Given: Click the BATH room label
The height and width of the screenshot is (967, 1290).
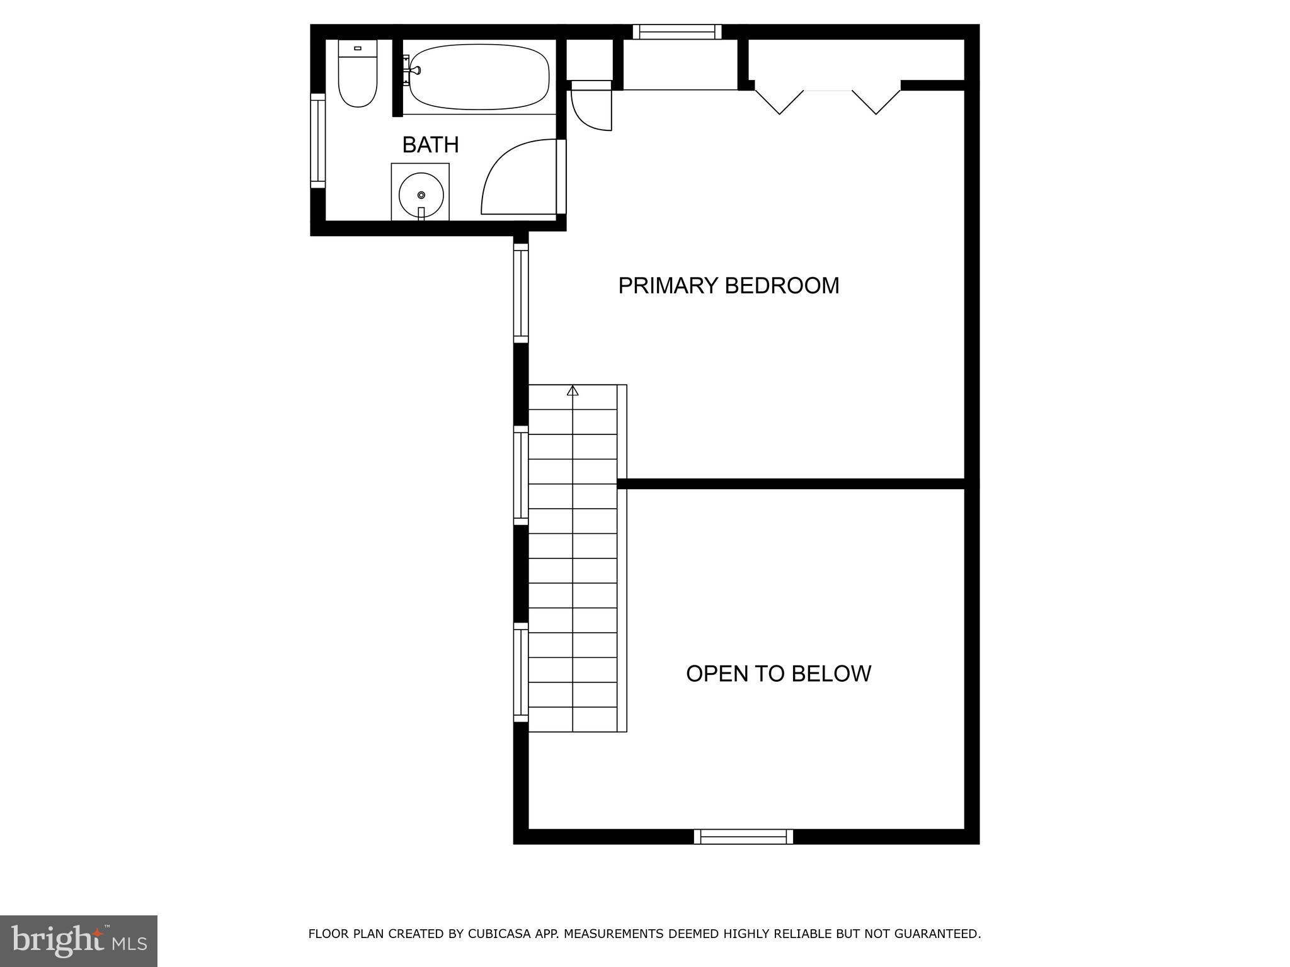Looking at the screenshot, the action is click(430, 145).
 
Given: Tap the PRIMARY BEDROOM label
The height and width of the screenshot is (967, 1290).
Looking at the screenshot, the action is click(729, 286).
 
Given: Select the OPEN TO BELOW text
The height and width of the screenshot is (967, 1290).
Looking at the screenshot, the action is click(779, 674).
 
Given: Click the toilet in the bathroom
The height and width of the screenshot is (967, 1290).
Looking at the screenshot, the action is click(358, 73).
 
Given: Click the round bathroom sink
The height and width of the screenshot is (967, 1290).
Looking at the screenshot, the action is click(421, 195).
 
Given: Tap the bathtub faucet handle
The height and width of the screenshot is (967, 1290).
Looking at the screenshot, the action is click(408, 69).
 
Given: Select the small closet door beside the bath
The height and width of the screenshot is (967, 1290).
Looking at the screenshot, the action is click(592, 107).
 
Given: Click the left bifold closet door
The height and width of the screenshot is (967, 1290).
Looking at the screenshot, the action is click(780, 102).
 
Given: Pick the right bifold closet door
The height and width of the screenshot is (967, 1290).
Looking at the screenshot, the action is click(876, 102).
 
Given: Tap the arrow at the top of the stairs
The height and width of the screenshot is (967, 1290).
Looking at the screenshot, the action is click(573, 391).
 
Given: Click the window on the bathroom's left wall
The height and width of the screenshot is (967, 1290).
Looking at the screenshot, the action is click(318, 140).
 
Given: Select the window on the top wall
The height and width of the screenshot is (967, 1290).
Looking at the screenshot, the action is click(677, 32).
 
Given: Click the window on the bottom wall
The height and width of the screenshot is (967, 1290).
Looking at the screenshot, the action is click(743, 837).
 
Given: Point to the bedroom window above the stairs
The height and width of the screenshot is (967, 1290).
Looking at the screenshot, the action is click(521, 293).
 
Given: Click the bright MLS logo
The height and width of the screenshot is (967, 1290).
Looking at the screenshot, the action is click(79, 941).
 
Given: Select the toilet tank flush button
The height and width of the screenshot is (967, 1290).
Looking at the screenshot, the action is click(358, 48).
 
